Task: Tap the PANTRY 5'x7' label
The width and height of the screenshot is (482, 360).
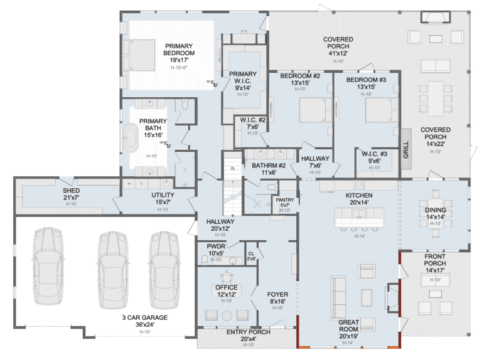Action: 286,203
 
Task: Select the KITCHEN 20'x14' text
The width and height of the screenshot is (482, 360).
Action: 359,199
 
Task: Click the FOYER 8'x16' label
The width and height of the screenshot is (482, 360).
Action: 277,297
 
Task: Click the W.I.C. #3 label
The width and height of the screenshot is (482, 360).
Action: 374,157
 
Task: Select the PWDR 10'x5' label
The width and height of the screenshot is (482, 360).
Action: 216,250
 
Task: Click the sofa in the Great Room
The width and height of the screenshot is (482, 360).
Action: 338,296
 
